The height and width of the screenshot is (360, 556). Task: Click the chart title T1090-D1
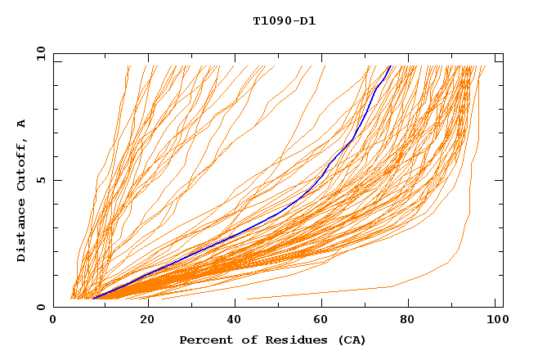click(284, 21)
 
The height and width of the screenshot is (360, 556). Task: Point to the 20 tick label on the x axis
click(147, 321)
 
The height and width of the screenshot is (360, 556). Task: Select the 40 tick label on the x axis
click(236, 321)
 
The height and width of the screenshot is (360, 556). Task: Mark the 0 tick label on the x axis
click(54, 321)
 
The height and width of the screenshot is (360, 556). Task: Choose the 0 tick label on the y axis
click(40, 308)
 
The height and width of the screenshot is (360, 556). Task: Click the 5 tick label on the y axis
click(40, 180)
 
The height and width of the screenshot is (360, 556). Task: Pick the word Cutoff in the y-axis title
click(22, 164)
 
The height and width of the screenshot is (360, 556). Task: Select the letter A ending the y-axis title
click(22, 124)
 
